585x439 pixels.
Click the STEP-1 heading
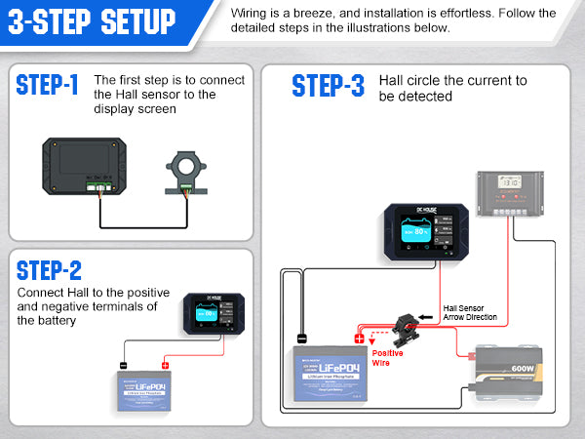tap(47, 85)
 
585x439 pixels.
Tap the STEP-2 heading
tap(50, 270)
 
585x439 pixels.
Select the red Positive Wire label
tap(387, 358)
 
